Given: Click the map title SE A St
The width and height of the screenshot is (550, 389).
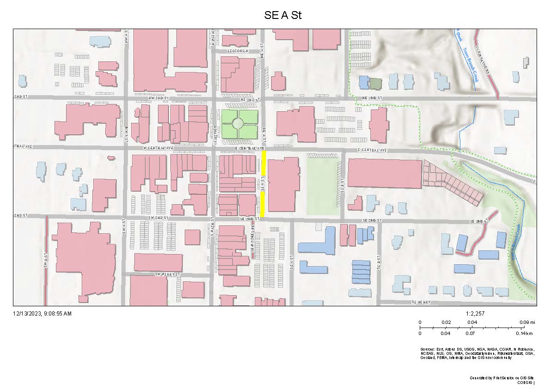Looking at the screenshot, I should coord(283,15).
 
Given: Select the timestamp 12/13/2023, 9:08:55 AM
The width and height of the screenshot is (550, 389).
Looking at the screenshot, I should coord(42,314).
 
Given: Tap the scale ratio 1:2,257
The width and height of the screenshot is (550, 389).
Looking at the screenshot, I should coord(476,314).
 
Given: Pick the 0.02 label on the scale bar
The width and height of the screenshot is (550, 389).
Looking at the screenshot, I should coord(446,322).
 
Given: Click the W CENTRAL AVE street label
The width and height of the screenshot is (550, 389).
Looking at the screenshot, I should coord(158,148).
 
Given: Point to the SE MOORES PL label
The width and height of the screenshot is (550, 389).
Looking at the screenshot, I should coord(253,241).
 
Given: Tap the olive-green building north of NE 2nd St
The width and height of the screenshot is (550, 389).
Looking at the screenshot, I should coord(376,84).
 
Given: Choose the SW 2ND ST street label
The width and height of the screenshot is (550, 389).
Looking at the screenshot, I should coord(157,217).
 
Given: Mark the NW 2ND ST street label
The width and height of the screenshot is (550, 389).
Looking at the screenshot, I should coord(157,98).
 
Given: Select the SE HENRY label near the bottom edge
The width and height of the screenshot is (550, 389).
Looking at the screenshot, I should coord(421,302).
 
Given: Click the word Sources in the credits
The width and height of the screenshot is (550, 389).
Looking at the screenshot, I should coord(428,349).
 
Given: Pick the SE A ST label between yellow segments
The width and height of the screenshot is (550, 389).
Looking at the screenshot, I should coord(262,184).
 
